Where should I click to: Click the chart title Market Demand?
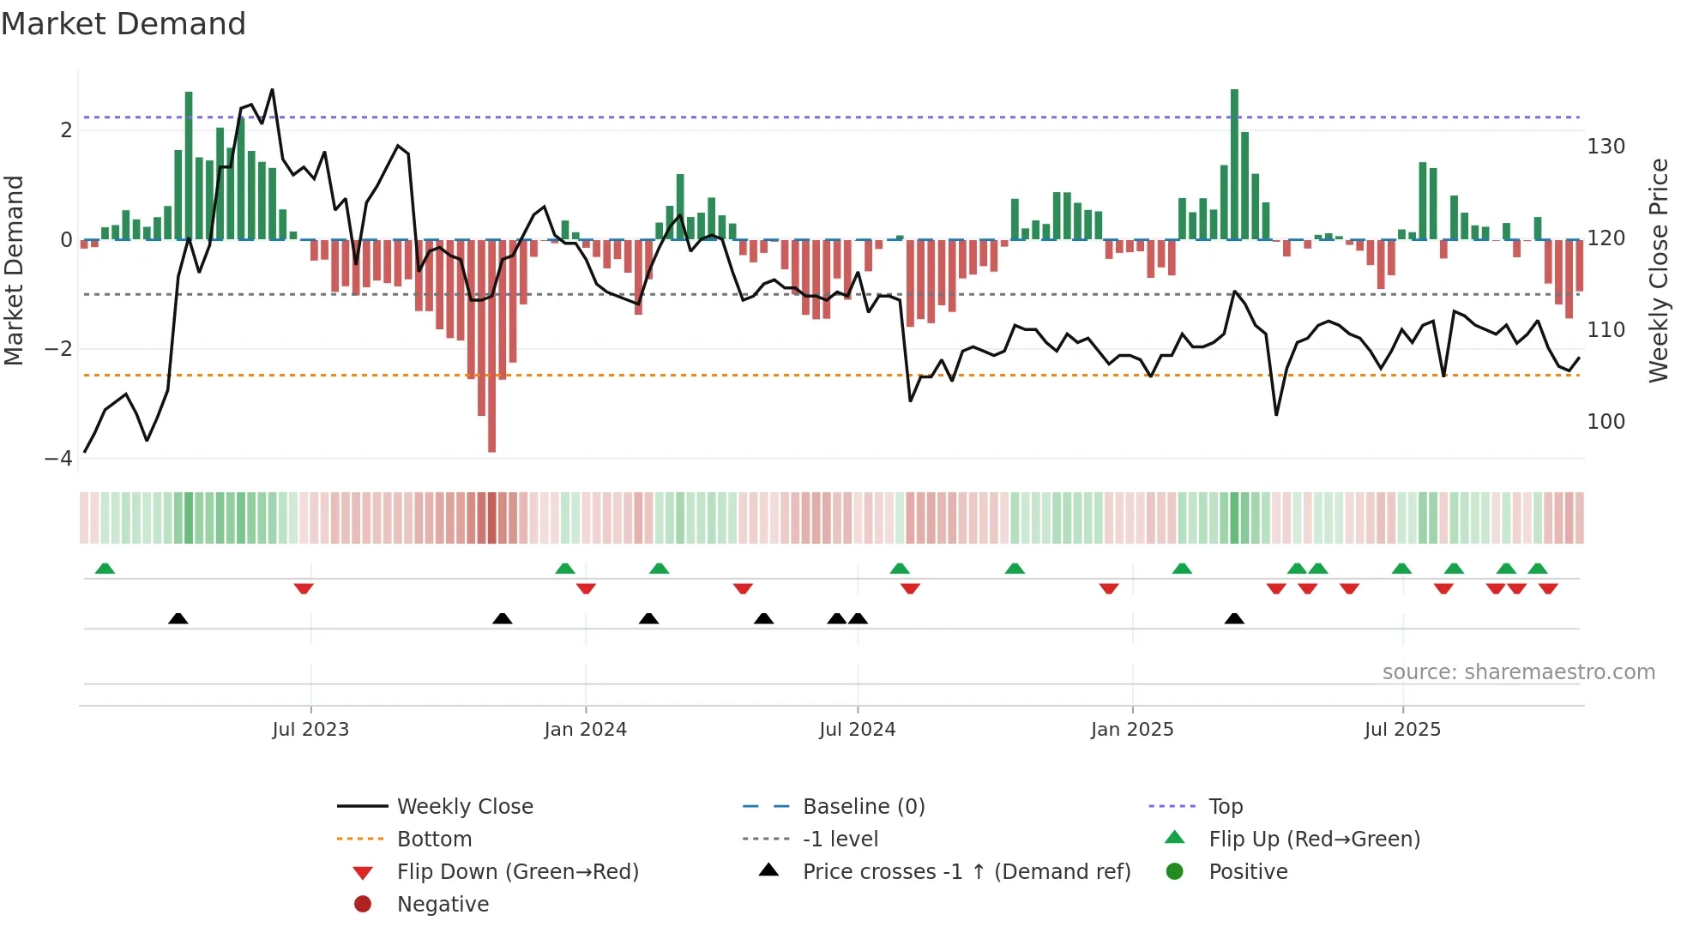pos(124,24)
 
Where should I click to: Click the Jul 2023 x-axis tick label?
pos(310,730)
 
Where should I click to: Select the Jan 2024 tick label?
pos(586,730)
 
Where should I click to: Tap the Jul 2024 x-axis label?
pos(857,730)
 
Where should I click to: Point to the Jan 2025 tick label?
pos(1132,730)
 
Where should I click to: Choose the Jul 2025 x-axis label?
pos(1402,730)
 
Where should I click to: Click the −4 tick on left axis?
pos(58,459)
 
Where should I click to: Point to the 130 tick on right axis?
pos(1606,147)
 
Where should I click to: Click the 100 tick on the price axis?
pos(1606,422)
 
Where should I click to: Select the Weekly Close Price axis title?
pos(1659,270)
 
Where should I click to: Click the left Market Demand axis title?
pos(15,270)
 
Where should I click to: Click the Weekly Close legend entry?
pos(464,807)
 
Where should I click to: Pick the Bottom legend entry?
pos(434,840)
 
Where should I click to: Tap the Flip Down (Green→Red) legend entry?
pos(517,872)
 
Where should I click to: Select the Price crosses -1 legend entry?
pos(966,872)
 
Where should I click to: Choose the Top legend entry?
pos(1226,807)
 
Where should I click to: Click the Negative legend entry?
pos(443,905)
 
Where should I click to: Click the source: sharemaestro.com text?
pos(1518,672)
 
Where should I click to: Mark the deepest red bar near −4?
pos(491,429)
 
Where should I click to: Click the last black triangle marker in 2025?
pos(1234,619)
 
